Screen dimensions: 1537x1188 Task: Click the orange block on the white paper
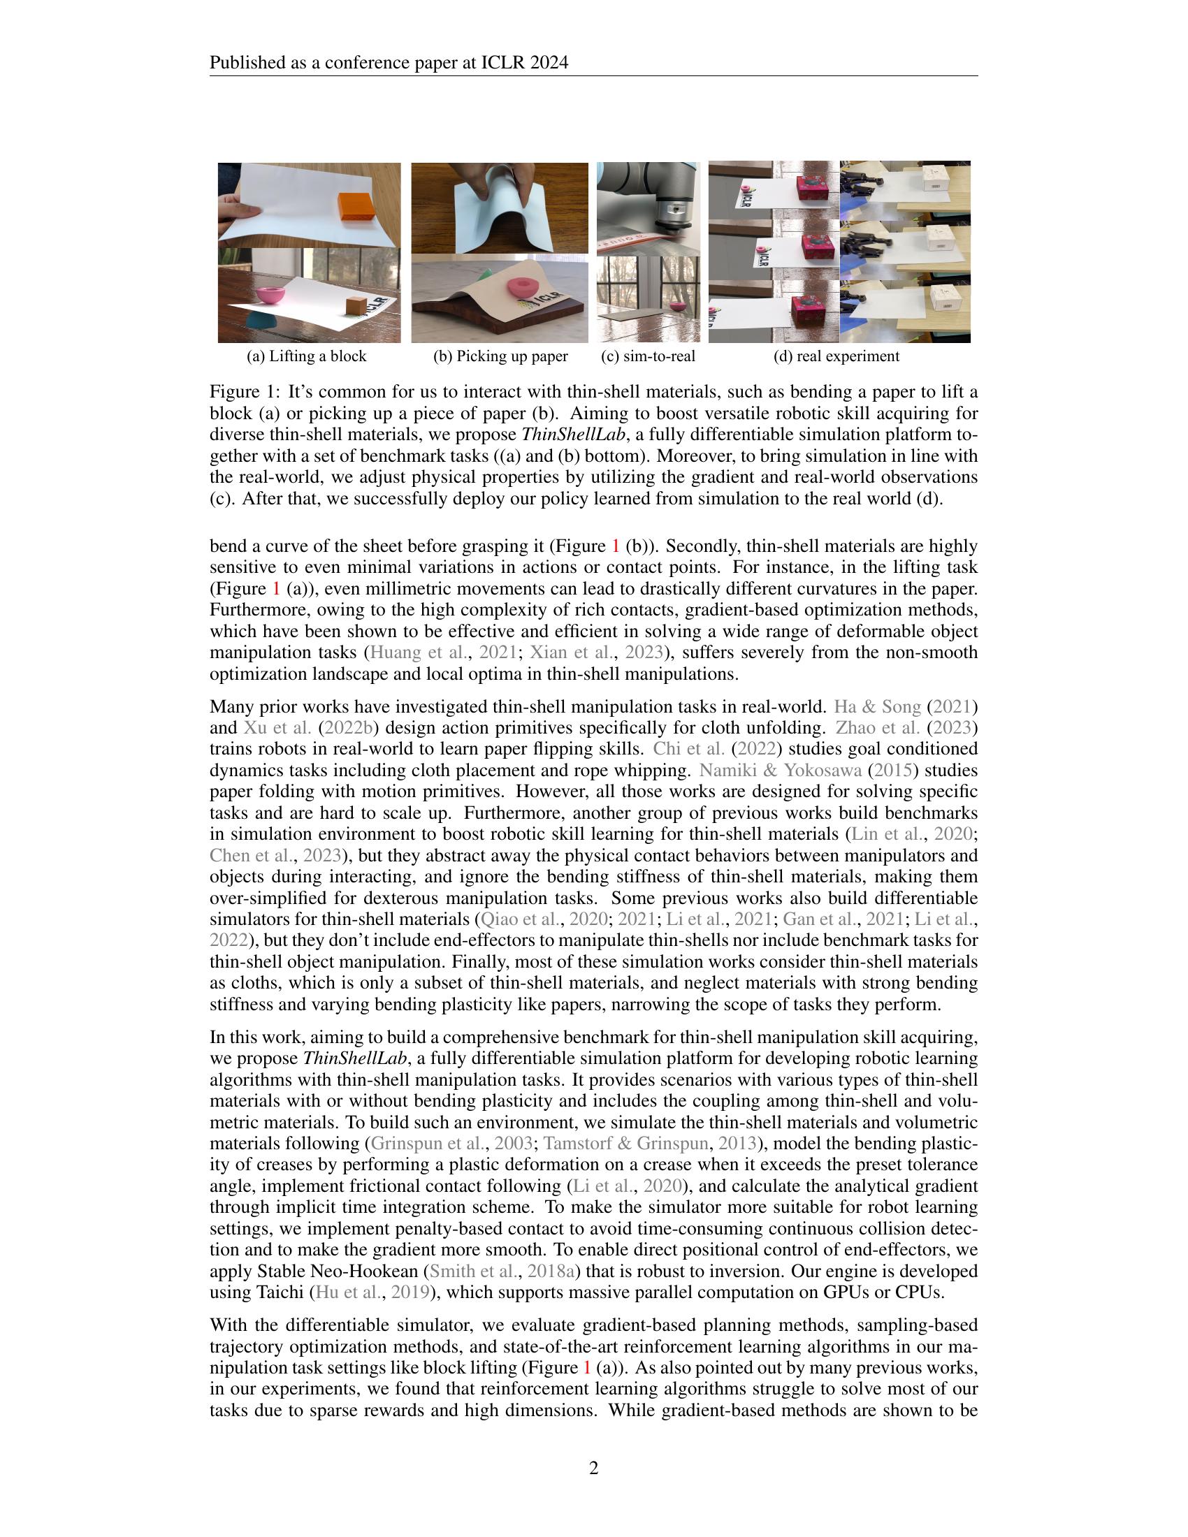pyautogui.click(x=360, y=207)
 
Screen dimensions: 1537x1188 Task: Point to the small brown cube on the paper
pyautogui.click(x=356, y=305)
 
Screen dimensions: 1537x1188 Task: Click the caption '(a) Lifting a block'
pyautogui.click(x=306, y=356)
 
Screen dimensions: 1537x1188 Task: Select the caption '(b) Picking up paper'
pyautogui.click(x=500, y=356)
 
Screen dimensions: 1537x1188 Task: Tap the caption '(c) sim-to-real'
pyautogui.click(x=649, y=356)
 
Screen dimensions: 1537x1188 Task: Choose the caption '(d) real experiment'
pyautogui.click(x=836, y=356)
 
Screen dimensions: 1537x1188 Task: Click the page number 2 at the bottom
pyautogui.click(x=593, y=1468)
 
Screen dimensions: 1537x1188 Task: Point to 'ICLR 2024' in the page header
pyautogui.click(x=524, y=64)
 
